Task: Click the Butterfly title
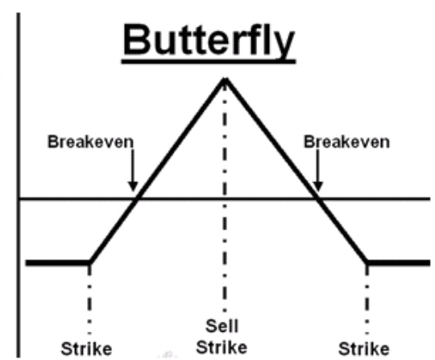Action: [209, 40]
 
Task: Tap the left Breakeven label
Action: [91, 142]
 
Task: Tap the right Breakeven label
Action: [346, 142]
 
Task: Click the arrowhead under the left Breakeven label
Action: [133, 186]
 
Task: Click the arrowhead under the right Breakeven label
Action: [318, 186]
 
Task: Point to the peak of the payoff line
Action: [225, 80]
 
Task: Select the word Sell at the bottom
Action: [222, 326]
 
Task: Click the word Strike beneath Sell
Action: [222, 347]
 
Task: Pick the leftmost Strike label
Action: [86, 349]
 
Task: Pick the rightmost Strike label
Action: [364, 349]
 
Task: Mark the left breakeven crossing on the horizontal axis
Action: [137, 199]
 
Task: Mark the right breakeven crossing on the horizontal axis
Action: [318, 199]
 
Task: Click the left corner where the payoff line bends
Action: [90, 262]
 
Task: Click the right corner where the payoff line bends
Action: [367, 262]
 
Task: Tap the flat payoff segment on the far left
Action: [58, 263]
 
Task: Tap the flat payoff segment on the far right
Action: [399, 263]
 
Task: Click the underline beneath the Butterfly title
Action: [209, 61]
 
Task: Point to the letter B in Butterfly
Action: [135, 39]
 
